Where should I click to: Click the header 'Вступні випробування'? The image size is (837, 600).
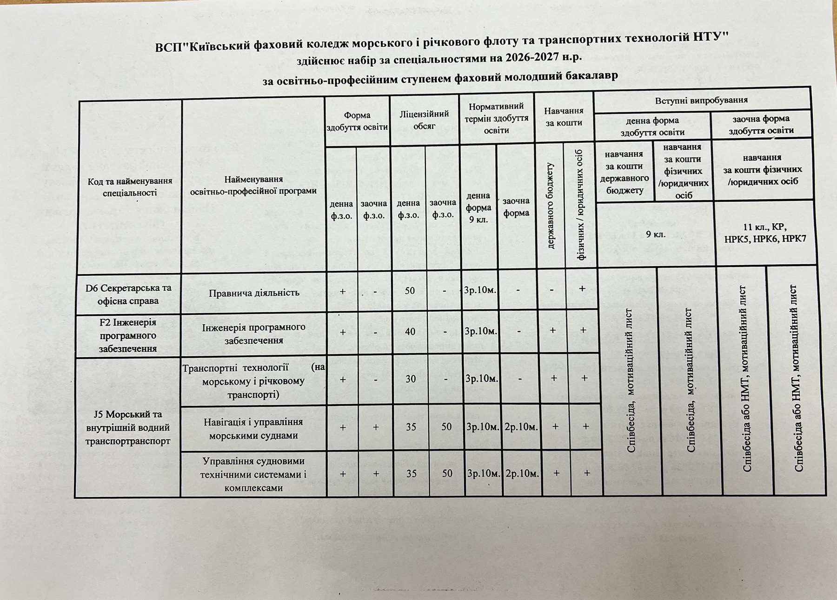pyautogui.click(x=701, y=100)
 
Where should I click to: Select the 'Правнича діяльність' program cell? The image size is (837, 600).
pyautogui.click(x=253, y=293)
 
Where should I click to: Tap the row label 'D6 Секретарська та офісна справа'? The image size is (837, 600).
pyautogui.click(x=128, y=294)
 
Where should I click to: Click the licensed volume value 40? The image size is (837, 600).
pyautogui.click(x=410, y=332)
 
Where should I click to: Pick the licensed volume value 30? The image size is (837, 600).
pyautogui.click(x=410, y=379)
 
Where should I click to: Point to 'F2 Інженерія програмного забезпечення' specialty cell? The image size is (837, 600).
pyautogui.click(x=128, y=335)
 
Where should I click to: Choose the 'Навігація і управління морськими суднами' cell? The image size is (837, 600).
pyautogui.click(x=253, y=429)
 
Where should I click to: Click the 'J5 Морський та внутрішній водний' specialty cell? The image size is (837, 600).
pyautogui.click(x=128, y=427)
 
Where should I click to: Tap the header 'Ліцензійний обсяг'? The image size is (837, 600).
pyautogui.click(x=424, y=120)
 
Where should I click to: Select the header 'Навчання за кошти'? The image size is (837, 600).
pyautogui.click(x=564, y=117)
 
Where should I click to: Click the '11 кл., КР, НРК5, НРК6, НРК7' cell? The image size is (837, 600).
pyautogui.click(x=764, y=233)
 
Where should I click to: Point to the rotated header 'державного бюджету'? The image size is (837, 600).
pyautogui.click(x=550, y=206)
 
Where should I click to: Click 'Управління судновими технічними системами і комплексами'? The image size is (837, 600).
pyautogui.click(x=253, y=474)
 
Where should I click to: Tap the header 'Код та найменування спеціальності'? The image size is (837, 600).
pyautogui.click(x=130, y=187)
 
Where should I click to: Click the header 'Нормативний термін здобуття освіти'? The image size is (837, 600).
pyautogui.click(x=496, y=118)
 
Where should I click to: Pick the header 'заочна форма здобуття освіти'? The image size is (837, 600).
pyautogui.click(x=761, y=125)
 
